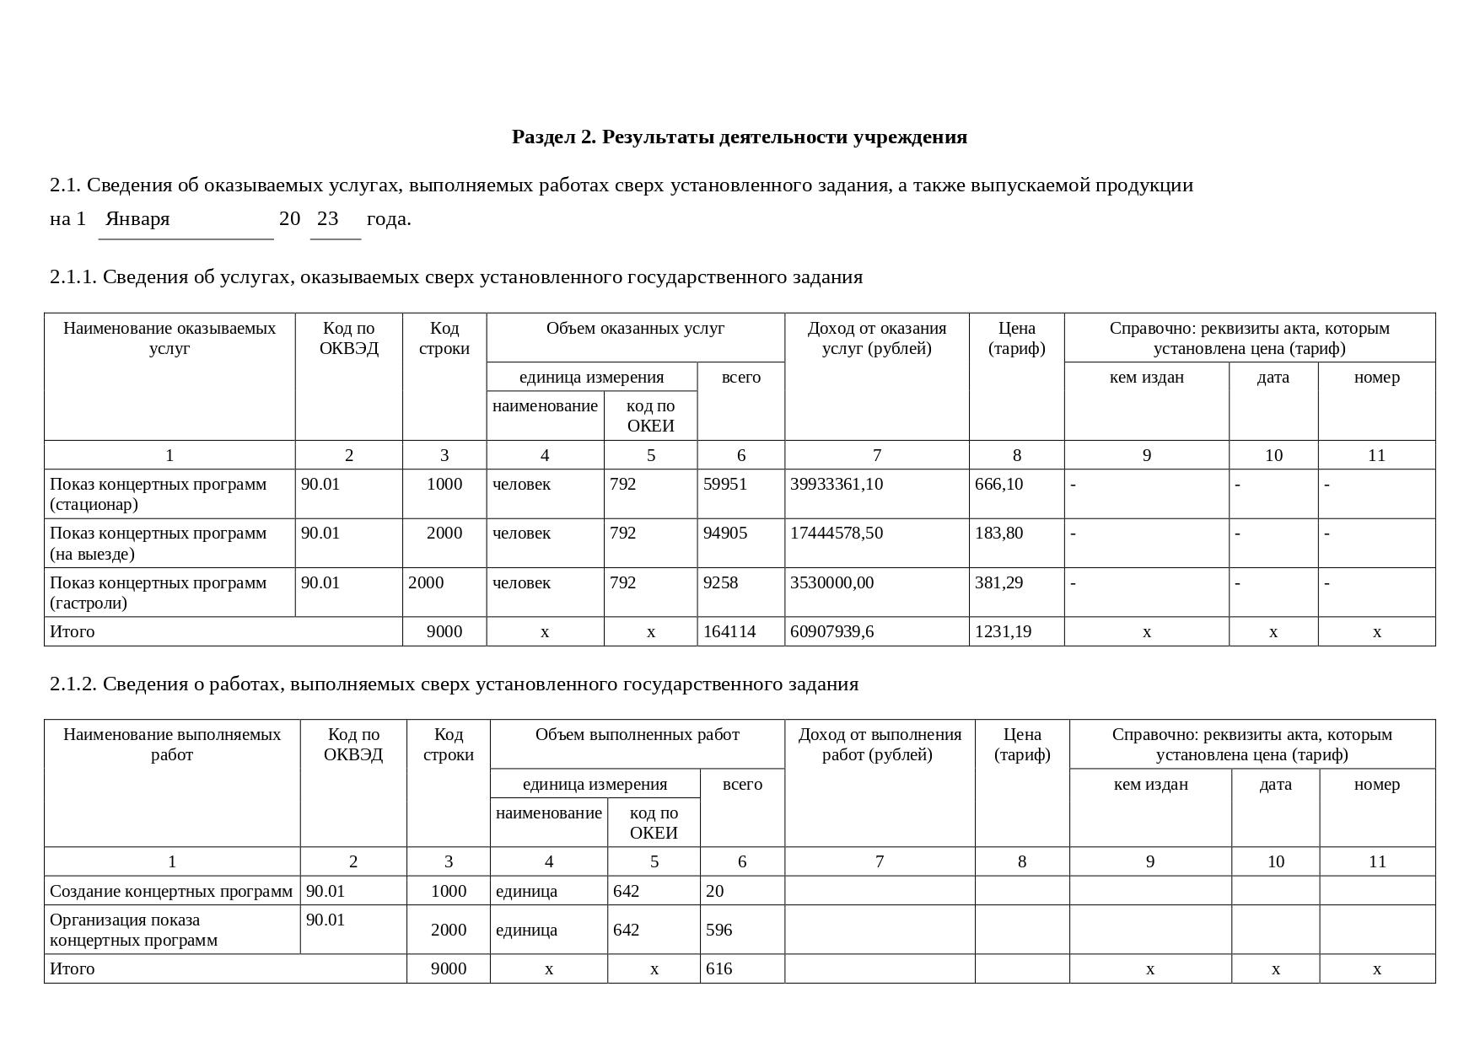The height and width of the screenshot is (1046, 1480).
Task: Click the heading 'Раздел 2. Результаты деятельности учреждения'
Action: point(739,137)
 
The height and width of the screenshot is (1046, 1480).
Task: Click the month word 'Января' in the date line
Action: point(137,219)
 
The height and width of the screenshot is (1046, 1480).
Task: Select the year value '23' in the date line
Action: point(327,219)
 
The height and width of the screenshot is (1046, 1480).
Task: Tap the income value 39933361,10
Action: point(837,484)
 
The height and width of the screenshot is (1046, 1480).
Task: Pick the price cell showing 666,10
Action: point(998,484)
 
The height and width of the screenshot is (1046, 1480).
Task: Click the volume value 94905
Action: point(724,533)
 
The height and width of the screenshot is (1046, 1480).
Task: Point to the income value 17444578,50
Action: point(837,533)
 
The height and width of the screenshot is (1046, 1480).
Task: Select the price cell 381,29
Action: point(998,582)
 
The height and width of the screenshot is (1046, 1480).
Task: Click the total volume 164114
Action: point(729,631)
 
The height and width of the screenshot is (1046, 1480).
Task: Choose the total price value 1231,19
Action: point(1003,631)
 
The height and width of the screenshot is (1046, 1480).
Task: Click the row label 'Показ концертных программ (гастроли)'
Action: point(158,593)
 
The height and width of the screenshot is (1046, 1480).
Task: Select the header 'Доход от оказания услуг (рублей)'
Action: point(876,338)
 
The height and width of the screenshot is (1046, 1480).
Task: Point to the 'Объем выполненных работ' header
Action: point(637,734)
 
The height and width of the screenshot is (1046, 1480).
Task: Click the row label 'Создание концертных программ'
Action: point(171,891)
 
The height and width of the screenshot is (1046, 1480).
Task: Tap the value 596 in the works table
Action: point(718,930)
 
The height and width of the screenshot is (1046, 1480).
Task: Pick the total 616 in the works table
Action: point(718,968)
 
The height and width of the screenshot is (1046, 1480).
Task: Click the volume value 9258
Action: point(720,582)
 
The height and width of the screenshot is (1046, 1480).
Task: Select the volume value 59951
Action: point(724,484)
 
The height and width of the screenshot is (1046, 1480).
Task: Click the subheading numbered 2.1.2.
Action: point(454,684)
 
